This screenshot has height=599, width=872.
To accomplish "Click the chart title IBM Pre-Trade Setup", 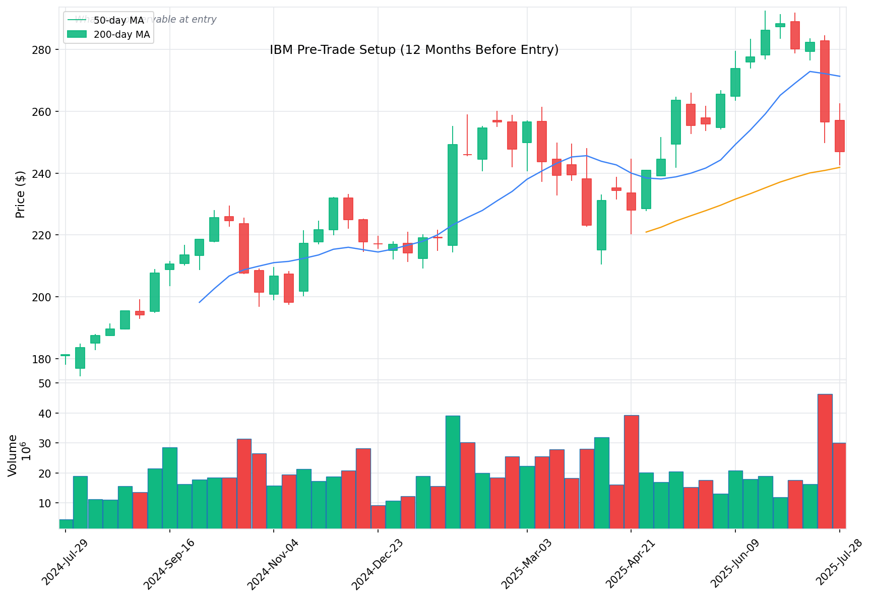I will (414, 50).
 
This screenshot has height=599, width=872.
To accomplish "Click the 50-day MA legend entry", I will (119, 21).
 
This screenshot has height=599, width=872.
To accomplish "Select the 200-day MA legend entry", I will (121, 35).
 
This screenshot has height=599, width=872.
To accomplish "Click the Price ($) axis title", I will (20, 194).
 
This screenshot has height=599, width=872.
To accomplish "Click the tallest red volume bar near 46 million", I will (825, 461).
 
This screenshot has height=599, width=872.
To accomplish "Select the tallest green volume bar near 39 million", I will (453, 472).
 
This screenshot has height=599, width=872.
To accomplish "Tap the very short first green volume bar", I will (66, 524).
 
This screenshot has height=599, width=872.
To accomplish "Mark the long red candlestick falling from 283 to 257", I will (825, 81).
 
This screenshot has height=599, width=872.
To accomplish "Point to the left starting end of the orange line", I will (646, 232).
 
